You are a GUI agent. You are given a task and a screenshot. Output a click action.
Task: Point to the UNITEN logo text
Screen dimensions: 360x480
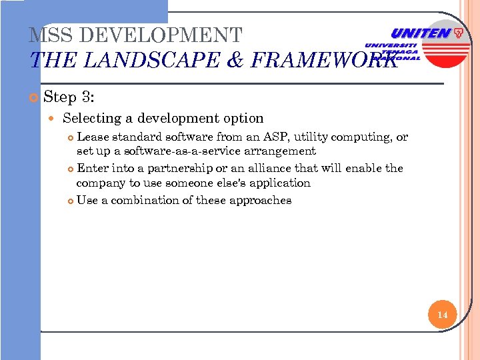[420, 33]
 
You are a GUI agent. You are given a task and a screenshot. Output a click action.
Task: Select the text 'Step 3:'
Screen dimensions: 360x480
[69, 97]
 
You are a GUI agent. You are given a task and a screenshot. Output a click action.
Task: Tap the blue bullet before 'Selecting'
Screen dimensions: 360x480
[54, 119]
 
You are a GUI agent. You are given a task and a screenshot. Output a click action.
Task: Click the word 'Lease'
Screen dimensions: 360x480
[93, 137]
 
